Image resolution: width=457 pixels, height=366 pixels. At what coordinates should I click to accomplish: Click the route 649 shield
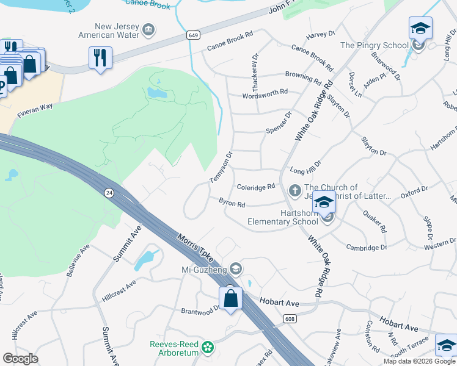(194, 37)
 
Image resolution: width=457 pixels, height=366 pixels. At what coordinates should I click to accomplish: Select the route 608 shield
(290, 318)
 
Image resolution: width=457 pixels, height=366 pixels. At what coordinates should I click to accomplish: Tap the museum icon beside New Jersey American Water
(148, 30)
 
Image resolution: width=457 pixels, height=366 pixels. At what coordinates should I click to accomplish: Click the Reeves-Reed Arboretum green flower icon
(208, 347)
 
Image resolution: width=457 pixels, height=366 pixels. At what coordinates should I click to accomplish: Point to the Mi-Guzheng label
(204, 269)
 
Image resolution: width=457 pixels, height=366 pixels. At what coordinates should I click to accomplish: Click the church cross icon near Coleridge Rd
(294, 191)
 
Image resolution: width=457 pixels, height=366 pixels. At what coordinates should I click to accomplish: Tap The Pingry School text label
(374, 46)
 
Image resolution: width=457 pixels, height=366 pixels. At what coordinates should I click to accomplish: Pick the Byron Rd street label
(232, 202)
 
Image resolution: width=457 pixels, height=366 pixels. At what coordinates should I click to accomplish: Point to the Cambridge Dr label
(367, 247)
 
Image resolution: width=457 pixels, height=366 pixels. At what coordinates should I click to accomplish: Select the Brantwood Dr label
(200, 310)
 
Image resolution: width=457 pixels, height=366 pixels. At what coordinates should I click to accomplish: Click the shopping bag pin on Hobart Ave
(230, 298)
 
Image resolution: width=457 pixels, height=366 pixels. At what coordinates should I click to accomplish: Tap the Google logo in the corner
(21, 359)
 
